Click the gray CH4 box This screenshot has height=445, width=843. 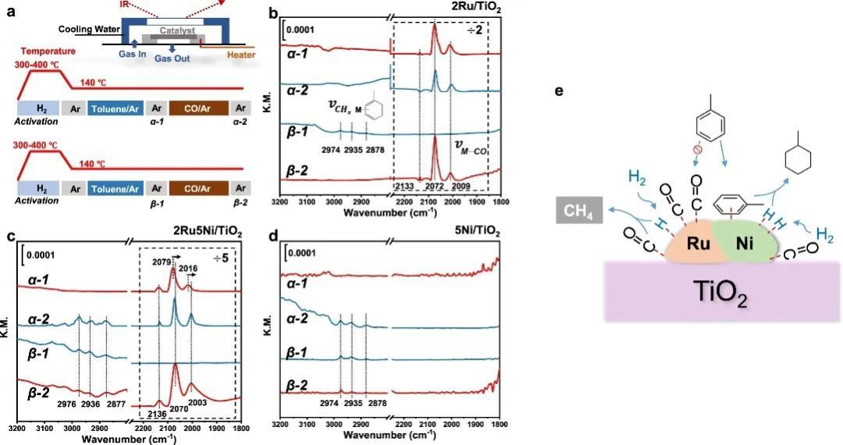pyautogui.click(x=575, y=209)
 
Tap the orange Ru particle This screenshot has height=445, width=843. pyautogui.click(x=698, y=243)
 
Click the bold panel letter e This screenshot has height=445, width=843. pyautogui.click(x=557, y=91)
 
